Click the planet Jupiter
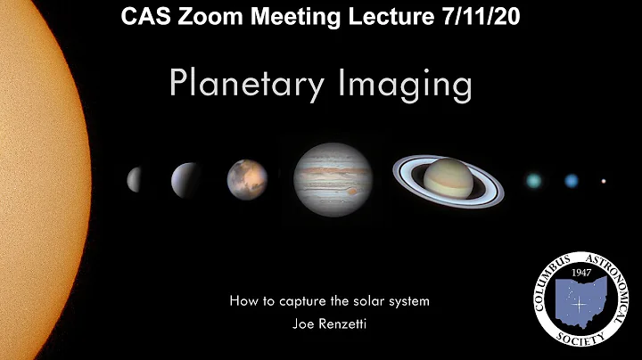click(333, 179)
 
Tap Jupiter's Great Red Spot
click(351, 191)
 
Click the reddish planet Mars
click(247, 178)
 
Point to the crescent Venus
click(186, 180)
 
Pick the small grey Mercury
click(135, 179)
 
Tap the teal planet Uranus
click(534, 181)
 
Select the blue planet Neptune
click(572, 181)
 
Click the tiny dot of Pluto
click(604, 181)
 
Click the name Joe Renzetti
click(329, 323)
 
